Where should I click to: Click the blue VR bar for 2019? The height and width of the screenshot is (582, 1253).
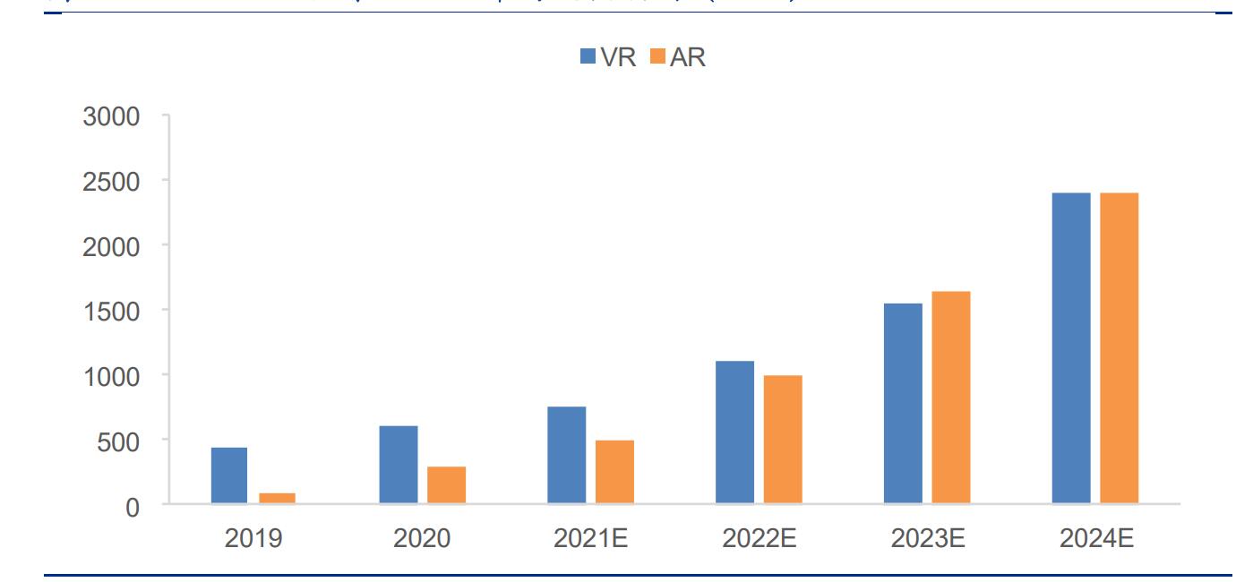tap(229, 475)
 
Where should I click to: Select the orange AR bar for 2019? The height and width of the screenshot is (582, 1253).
tap(277, 499)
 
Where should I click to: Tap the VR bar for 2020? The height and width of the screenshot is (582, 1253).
tap(398, 465)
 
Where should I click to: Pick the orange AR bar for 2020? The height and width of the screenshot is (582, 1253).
tap(446, 485)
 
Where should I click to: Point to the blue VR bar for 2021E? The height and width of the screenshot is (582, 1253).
tap(566, 455)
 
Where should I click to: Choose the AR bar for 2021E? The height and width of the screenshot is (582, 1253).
tap(614, 472)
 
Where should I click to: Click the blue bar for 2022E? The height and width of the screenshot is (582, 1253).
tap(734, 432)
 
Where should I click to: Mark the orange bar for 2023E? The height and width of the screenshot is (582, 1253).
tap(950, 398)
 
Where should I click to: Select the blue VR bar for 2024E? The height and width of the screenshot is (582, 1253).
tap(1071, 348)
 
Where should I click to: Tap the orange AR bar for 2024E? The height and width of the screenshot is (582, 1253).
tap(1119, 348)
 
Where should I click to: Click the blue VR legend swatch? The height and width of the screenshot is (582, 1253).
tap(588, 56)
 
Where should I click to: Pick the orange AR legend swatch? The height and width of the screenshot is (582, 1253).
tap(657, 56)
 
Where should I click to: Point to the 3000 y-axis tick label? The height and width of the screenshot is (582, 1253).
tap(111, 116)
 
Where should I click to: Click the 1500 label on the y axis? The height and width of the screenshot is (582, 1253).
tap(111, 311)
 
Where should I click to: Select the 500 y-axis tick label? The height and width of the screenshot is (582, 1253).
tap(119, 441)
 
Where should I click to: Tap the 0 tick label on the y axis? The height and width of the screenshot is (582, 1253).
tap(133, 506)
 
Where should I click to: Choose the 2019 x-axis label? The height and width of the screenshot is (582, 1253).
tap(253, 538)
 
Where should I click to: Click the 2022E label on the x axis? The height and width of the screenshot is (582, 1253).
tap(759, 538)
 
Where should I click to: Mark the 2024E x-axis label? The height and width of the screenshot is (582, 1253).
tap(1096, 538)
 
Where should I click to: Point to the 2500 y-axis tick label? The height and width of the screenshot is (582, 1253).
tap(111, 181)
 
